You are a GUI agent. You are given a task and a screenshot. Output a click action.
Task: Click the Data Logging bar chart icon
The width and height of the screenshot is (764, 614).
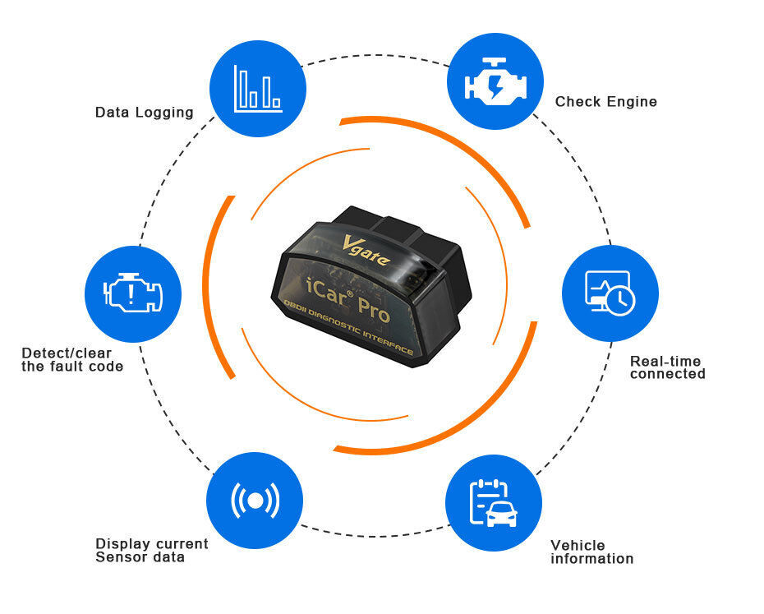tap(258, 89)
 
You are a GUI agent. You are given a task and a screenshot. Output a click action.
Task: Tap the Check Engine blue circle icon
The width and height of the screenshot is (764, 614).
tap(495, 81)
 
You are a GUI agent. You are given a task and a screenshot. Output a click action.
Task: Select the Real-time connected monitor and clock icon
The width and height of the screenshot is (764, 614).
tap(610, 293)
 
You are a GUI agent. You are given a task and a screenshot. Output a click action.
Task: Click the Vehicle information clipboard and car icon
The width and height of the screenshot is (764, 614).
tap(493, 502)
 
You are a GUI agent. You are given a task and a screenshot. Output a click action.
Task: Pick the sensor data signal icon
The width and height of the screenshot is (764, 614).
tap(255, 500)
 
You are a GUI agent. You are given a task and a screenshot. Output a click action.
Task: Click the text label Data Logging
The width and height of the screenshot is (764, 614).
tap(144, 113)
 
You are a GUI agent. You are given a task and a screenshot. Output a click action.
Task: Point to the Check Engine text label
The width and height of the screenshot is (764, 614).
tap(606, 102)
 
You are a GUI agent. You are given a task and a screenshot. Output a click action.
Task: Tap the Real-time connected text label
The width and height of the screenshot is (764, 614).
tap(667, 367)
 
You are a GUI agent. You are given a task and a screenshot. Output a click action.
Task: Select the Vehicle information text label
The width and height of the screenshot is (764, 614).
tap(591, 552)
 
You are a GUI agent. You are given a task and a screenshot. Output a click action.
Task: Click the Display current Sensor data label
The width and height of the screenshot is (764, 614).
tap(152, 551)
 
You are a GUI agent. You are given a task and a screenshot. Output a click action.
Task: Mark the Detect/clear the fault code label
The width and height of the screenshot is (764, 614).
tap(72, 360)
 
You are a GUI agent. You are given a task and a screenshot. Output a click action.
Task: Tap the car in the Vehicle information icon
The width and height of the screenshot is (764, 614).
tap(501, 514)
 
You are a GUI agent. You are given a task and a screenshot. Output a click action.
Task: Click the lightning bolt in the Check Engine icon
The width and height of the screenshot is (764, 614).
tap(496, 85)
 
